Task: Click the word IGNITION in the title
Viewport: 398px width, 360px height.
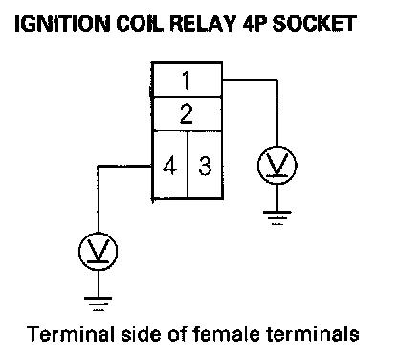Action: click(62, 23)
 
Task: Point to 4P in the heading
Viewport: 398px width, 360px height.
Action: click(254, 23)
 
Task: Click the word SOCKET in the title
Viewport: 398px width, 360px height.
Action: click(314, 23)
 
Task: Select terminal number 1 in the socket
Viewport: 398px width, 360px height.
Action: click(187, 79)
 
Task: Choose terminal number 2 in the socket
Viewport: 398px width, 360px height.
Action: click(187, 114)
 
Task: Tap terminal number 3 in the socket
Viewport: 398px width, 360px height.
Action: click(205, 166)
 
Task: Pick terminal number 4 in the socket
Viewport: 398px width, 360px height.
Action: click(169, 166)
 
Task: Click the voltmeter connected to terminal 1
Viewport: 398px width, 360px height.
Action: click(277, 166)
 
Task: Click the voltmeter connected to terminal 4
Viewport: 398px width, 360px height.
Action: click(98, 252)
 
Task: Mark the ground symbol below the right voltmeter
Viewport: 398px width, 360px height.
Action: click(277, 217)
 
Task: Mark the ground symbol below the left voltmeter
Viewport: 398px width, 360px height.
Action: click(98, 304)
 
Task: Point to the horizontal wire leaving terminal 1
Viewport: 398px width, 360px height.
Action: click(250, 80)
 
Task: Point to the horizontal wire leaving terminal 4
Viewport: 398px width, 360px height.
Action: click(124, 166)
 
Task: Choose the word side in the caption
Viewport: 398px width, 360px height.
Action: click(143, 333)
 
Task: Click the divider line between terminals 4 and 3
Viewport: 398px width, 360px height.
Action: click(188, 165)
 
